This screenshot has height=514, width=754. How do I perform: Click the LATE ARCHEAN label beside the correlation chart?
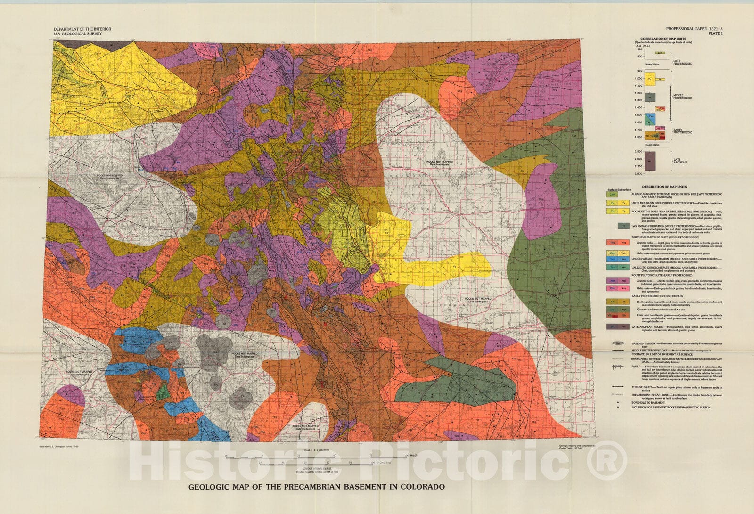[680, 161]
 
